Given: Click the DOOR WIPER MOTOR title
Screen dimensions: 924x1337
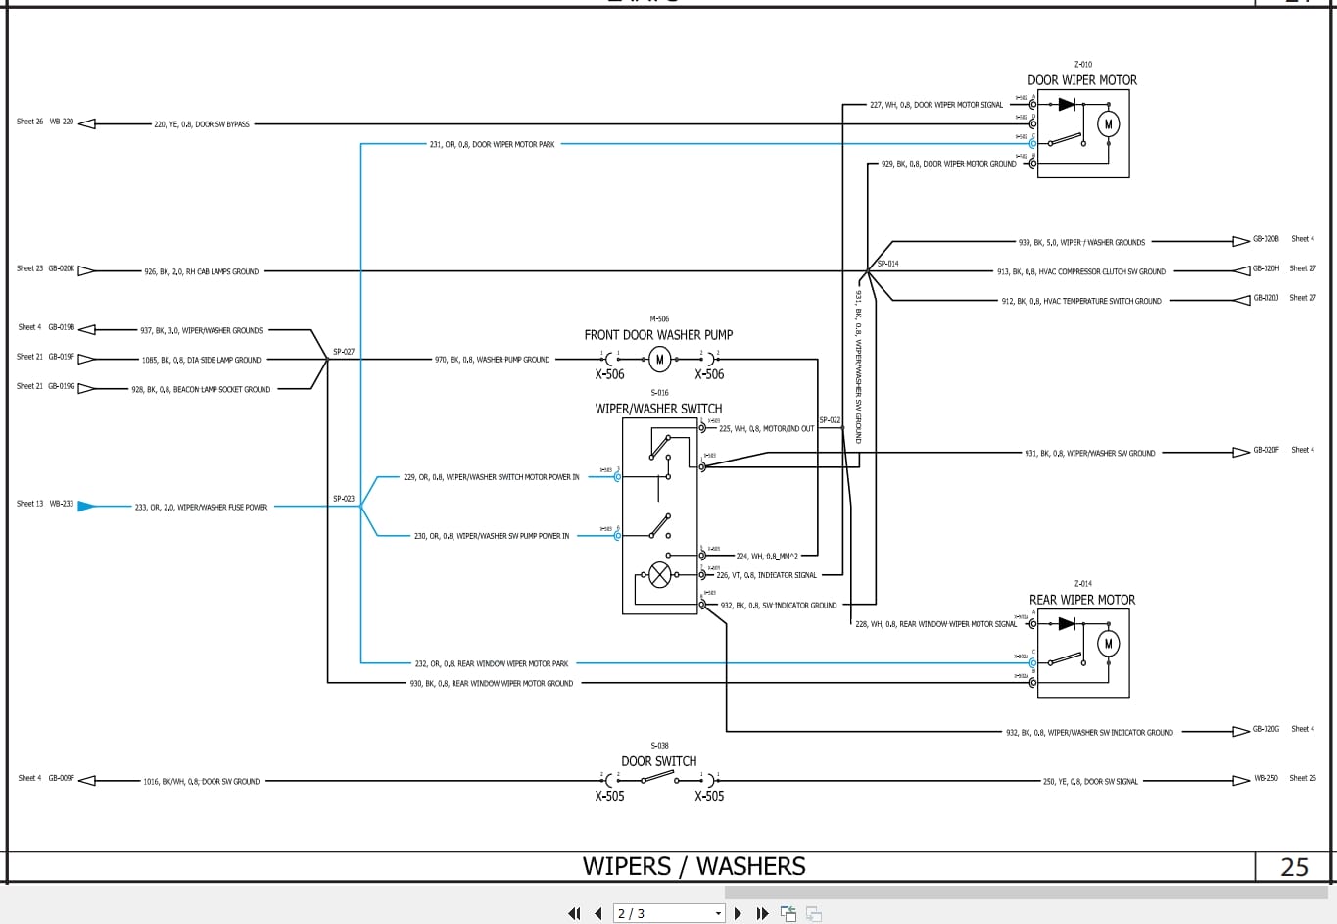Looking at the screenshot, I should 1082,80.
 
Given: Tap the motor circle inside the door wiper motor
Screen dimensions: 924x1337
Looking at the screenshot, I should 1108,123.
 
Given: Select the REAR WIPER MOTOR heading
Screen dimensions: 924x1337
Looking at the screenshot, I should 1082,600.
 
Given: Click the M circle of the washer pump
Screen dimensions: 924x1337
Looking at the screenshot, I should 660,360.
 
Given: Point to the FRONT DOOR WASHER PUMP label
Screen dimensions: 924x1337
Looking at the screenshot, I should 658,335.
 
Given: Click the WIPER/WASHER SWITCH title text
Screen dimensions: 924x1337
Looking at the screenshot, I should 658,409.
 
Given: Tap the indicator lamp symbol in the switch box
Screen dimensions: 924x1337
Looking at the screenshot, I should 660,575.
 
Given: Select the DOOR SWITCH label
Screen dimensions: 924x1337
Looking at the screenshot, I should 658,761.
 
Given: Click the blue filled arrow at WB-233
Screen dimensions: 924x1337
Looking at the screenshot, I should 86,506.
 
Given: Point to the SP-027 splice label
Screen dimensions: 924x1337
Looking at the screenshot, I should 344,352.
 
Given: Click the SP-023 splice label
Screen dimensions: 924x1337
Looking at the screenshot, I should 344,499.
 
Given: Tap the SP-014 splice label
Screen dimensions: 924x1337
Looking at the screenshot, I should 887,264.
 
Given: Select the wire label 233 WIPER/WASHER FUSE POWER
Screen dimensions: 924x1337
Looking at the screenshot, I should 201,508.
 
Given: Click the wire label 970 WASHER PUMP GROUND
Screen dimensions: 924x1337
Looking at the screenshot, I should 492,360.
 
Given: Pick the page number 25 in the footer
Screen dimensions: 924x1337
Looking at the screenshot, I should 1294,867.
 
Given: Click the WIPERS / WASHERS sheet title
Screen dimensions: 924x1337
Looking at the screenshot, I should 693,867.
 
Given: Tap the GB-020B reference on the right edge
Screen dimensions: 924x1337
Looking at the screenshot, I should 1265,239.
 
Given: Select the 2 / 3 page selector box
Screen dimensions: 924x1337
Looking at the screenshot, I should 669,913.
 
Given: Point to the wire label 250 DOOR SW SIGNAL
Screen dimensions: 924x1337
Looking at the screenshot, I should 1090,782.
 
